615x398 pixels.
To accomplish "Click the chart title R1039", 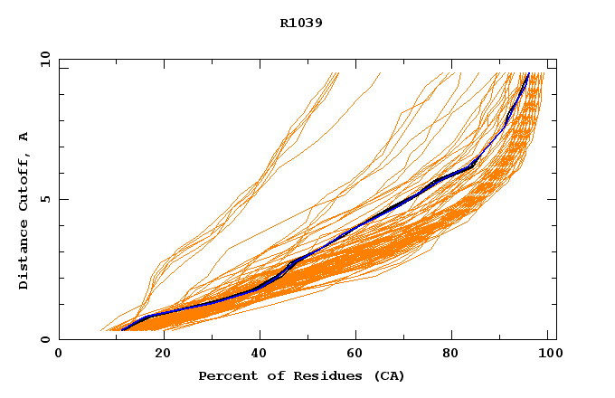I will (301, 24).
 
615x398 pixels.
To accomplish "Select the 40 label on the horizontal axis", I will (261, 354).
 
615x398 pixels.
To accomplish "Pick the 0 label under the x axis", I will (60, 354).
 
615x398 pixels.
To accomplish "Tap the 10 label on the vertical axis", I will (43, 59).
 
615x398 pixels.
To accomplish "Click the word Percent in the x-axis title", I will (224, 375).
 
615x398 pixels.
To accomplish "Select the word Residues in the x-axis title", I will (317, 375).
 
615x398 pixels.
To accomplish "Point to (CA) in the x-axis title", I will (387, 375).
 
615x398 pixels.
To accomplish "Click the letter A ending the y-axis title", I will (24, 137).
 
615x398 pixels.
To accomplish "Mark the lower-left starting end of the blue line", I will (123, 328).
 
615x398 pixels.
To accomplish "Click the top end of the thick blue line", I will (528, 74).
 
